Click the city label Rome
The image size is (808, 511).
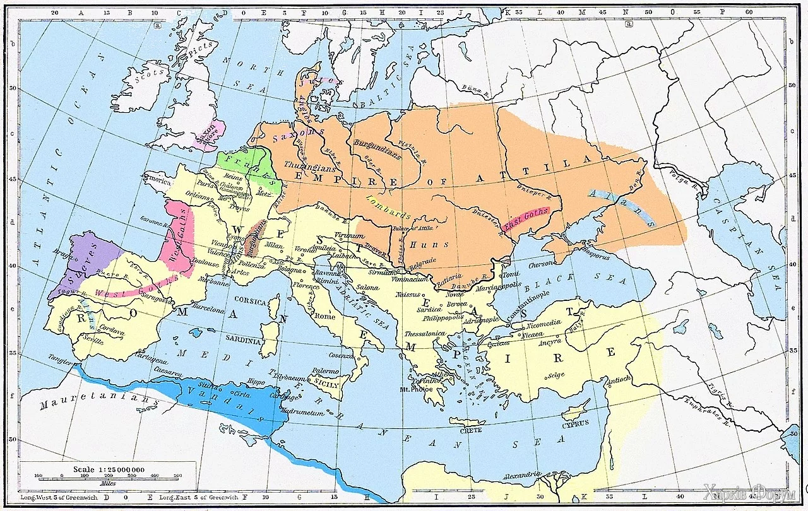click(x=324, y=316)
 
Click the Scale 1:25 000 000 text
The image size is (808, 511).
click(x=109, y=470)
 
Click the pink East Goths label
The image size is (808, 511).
click(x=527, y=218)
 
